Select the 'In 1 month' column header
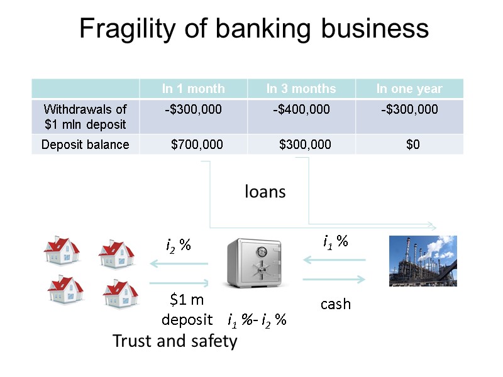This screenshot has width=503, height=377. click(x=193, y=89)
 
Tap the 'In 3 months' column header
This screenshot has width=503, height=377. click(x=301, y=89)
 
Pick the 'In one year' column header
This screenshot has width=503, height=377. click(x=409, y=89)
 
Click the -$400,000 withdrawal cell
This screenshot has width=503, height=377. click(x=301, y=110)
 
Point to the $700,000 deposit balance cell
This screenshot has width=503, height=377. click(x=197, y=145)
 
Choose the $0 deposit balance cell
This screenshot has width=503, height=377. click(x=413, y=145)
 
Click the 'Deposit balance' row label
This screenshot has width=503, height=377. click(x=85, y=145)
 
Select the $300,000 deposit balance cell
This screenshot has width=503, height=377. click(x=305, y=145)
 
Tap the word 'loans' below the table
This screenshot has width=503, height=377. click(x=265, y=192)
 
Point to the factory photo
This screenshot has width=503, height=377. click(x=423, y=261)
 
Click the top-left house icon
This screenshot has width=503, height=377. click(x=62, y=252)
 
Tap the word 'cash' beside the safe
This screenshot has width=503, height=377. click(x=335, y=304)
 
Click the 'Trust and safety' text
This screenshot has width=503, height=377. click(x=174, y=341)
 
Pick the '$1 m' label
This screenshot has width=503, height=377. click(x=187, y=300)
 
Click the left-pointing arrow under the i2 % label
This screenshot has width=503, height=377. click(x=178, y=265)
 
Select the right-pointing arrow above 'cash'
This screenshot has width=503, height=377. click(x=334, y=280)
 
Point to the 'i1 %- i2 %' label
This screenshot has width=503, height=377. click(x=257, y=320)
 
